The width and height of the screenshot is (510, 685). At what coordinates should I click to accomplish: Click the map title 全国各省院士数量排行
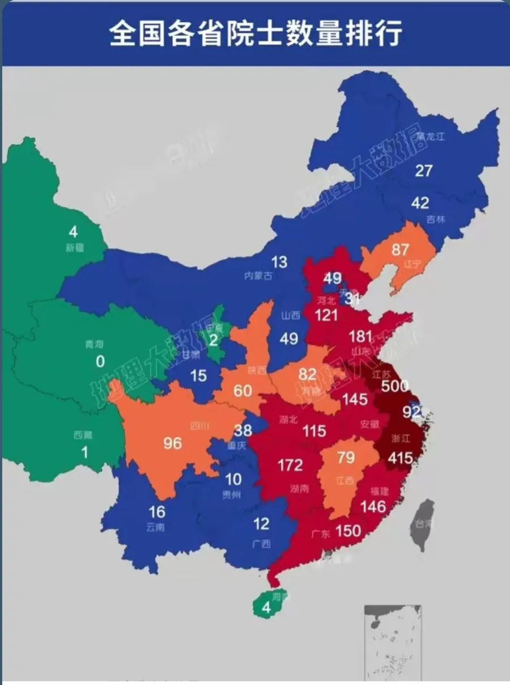(x=255, y=33)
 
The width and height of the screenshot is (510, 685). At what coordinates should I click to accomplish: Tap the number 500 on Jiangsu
(x=395, y=386)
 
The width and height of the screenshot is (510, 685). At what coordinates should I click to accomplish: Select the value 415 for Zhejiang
(x=400, y=457)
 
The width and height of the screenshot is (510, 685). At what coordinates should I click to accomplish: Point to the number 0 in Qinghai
(x=100, y=361)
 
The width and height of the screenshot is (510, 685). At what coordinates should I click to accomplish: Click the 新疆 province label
(x=74, y=248)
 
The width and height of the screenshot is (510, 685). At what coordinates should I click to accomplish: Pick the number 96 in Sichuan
(x=172, y=443)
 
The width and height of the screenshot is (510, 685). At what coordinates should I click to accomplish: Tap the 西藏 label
(x=82, y=435)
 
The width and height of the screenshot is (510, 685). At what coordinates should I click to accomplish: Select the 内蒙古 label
(x=258, y=276)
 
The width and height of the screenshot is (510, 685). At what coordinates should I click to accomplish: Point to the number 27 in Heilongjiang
(x=424, y=170)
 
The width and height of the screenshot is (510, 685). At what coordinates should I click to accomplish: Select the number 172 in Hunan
(x=290, y=466)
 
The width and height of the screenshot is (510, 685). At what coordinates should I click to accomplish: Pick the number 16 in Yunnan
(x=156, y=512)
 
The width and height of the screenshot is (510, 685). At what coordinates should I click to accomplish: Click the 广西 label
(x=261, y=543)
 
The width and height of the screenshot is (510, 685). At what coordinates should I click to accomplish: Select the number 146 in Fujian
(x=373, y=506)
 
